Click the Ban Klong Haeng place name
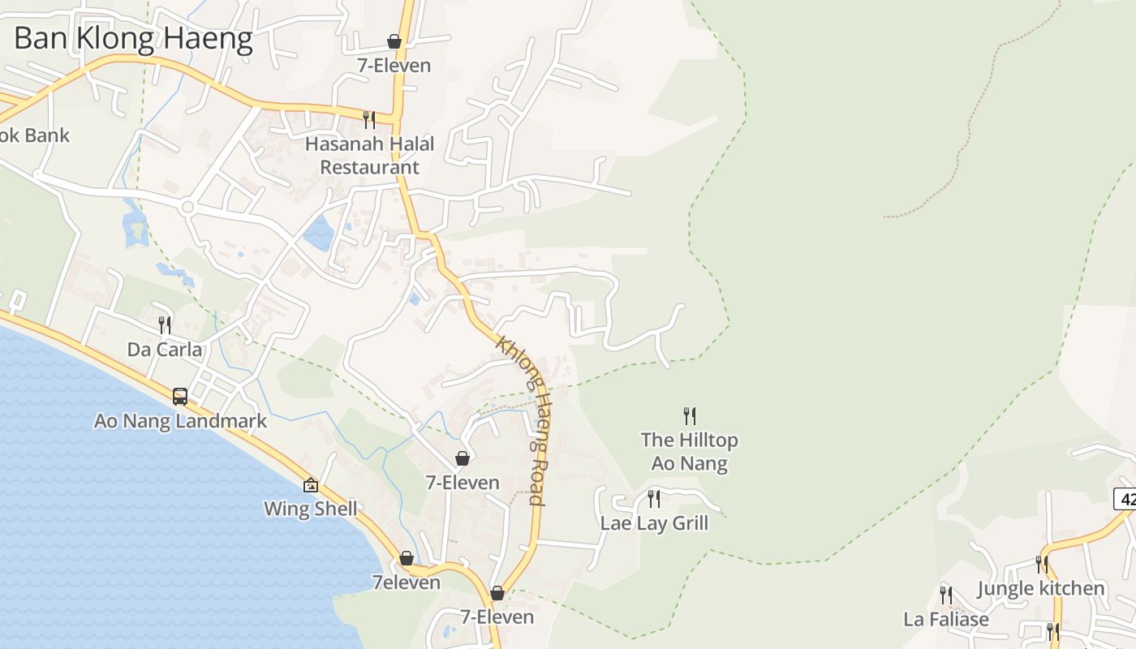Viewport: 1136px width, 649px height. [x=133, y=38]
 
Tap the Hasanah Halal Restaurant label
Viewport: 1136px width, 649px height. [x=370, y=155]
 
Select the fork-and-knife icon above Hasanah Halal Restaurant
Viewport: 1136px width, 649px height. [x=369, y=120]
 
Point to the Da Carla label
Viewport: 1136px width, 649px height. [x=165, y=350]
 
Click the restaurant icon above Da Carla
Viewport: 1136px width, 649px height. [x=165, y=325]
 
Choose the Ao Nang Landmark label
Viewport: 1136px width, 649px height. [x=180, y=421]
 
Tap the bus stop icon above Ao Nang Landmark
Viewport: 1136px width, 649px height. [x=180, y=397]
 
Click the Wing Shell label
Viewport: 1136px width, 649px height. [x=311, y=509]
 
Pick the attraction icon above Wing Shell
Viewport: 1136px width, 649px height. [x=311, y=485]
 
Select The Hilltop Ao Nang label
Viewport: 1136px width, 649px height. [x=690, y=452]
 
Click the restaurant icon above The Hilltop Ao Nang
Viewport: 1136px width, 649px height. [x=690, y=416]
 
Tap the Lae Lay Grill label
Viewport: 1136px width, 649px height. [x=654, y=523]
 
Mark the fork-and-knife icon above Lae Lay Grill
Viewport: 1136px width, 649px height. [x=654, y=499]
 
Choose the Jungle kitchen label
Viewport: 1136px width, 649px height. [x=1041, y=588]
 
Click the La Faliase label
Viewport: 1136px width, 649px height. [x=946, y=620]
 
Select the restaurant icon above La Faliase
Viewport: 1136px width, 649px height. [x=946, y=595]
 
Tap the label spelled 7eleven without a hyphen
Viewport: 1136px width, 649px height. [x=407, y=582]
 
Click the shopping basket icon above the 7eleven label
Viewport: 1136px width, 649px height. [x=407, y=558]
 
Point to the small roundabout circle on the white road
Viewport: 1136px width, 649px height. [x=188, y=207]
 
